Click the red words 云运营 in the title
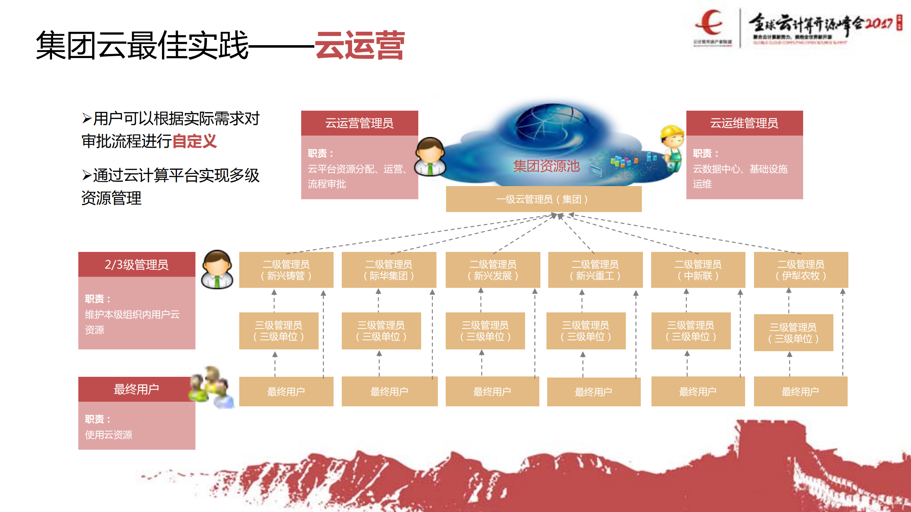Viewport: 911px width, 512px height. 360,45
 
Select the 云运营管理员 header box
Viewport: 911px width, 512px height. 359,123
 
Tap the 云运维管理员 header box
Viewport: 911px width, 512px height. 744,123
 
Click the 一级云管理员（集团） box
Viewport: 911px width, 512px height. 543,199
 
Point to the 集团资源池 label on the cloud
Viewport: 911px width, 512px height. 546,166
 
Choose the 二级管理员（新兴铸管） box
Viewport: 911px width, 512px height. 286,270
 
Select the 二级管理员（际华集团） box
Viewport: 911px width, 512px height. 388,270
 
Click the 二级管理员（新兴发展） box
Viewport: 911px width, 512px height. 492,270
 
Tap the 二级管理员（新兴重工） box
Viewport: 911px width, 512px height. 595,270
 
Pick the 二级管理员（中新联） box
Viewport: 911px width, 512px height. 698,270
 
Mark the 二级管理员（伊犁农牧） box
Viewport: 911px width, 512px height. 801,270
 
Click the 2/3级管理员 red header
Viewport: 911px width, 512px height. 136,264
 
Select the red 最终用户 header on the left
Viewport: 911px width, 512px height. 136,389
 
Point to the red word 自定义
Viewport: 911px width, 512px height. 194,141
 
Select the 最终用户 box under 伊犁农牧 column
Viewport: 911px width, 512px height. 800,391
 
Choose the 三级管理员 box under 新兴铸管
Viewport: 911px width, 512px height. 278,331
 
